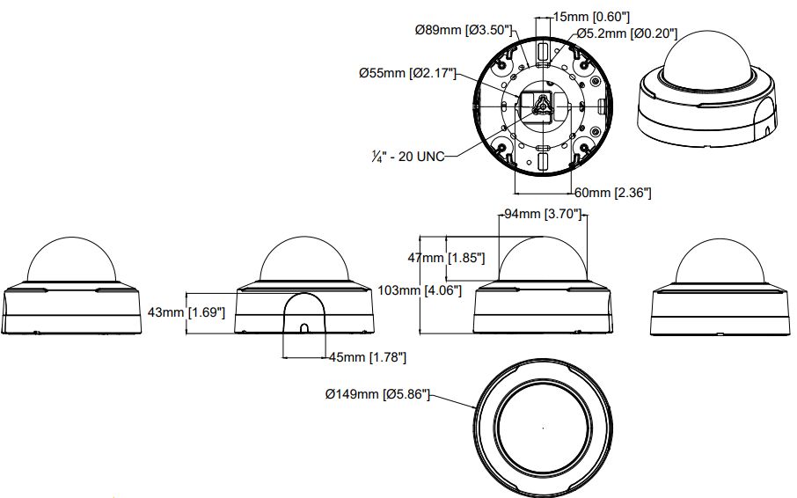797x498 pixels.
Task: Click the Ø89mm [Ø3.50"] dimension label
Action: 463,30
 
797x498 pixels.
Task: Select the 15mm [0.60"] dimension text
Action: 592,17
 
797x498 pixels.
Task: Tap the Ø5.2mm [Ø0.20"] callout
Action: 625,33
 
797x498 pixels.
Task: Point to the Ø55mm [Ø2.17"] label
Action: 407,74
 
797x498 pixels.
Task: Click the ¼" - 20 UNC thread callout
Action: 408,156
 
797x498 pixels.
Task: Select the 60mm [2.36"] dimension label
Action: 612,192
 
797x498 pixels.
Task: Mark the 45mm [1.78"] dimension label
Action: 366,356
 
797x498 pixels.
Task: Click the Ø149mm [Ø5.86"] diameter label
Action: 377,395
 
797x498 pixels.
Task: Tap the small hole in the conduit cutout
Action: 303,328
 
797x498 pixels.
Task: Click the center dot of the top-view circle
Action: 543,428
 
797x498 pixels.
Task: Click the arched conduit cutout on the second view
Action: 303,312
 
